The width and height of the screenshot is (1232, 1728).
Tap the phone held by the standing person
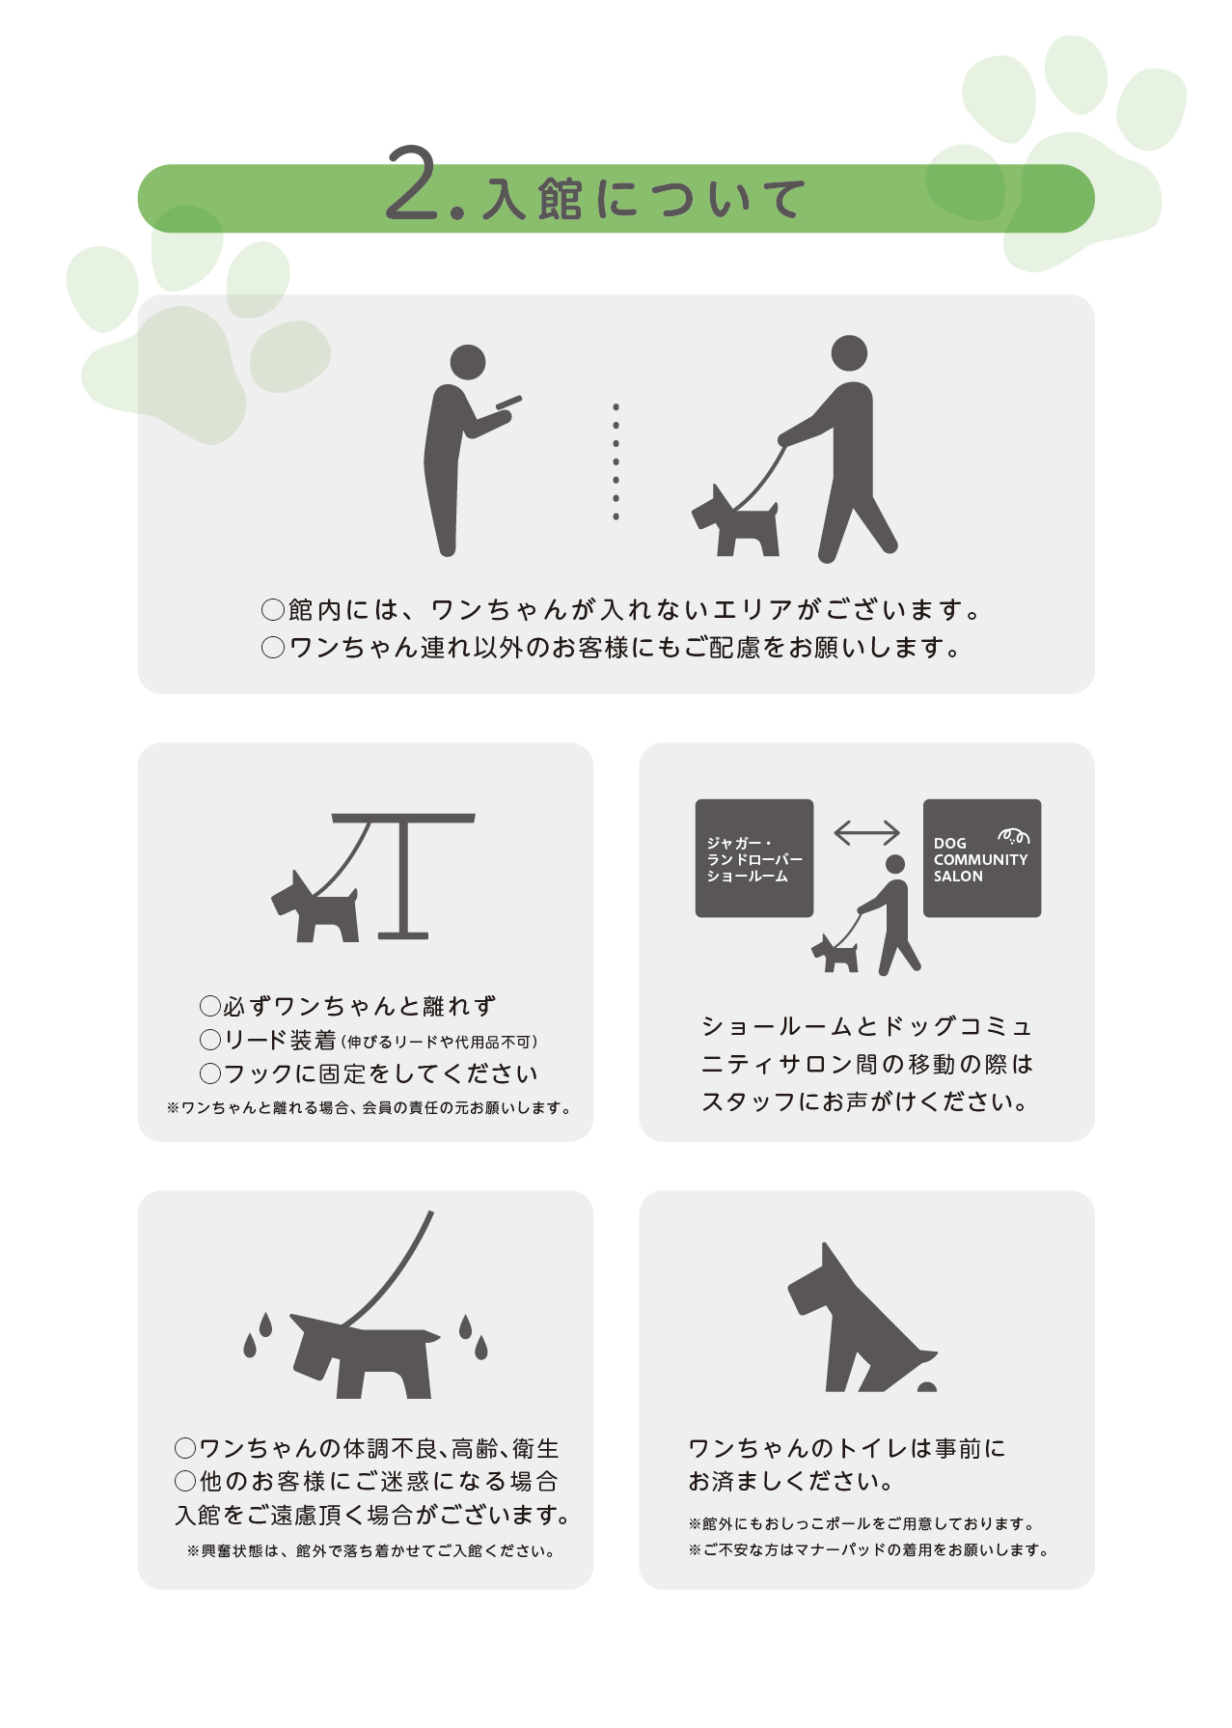pyautogui.click(x=508, y=402)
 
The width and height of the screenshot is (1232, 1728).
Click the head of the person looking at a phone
pyautogui.click(x=468, y=362)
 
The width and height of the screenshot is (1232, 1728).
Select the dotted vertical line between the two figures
pyautogui.click(x=616, y=462)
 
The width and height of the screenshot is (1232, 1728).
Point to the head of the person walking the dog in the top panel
pyautogui.click(x=849, y=353)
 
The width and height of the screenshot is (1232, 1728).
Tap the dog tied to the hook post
pyautogui.click(x=315, y=907)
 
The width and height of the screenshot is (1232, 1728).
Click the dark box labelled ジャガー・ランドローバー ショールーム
pyautogui.click(x=754, y=858)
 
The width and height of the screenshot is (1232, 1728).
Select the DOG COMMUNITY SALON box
pyautogui.click(x=982, y=858)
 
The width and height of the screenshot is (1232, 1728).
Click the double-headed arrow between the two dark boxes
pyautogui.click(x=866, y=832)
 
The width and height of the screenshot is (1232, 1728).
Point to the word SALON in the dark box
pyautogui.click(x=958, y=877)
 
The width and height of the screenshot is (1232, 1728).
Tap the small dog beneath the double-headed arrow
pyautogui.click(x=835, y=954)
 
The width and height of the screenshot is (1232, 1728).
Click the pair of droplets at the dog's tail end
pyautogui.click(x=474, y=1336)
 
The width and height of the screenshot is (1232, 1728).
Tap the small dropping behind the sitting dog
pyautogui.click(x=927, y=1387)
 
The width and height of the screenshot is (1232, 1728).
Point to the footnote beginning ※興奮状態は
pyautogui.click(x=371, y=1551)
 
